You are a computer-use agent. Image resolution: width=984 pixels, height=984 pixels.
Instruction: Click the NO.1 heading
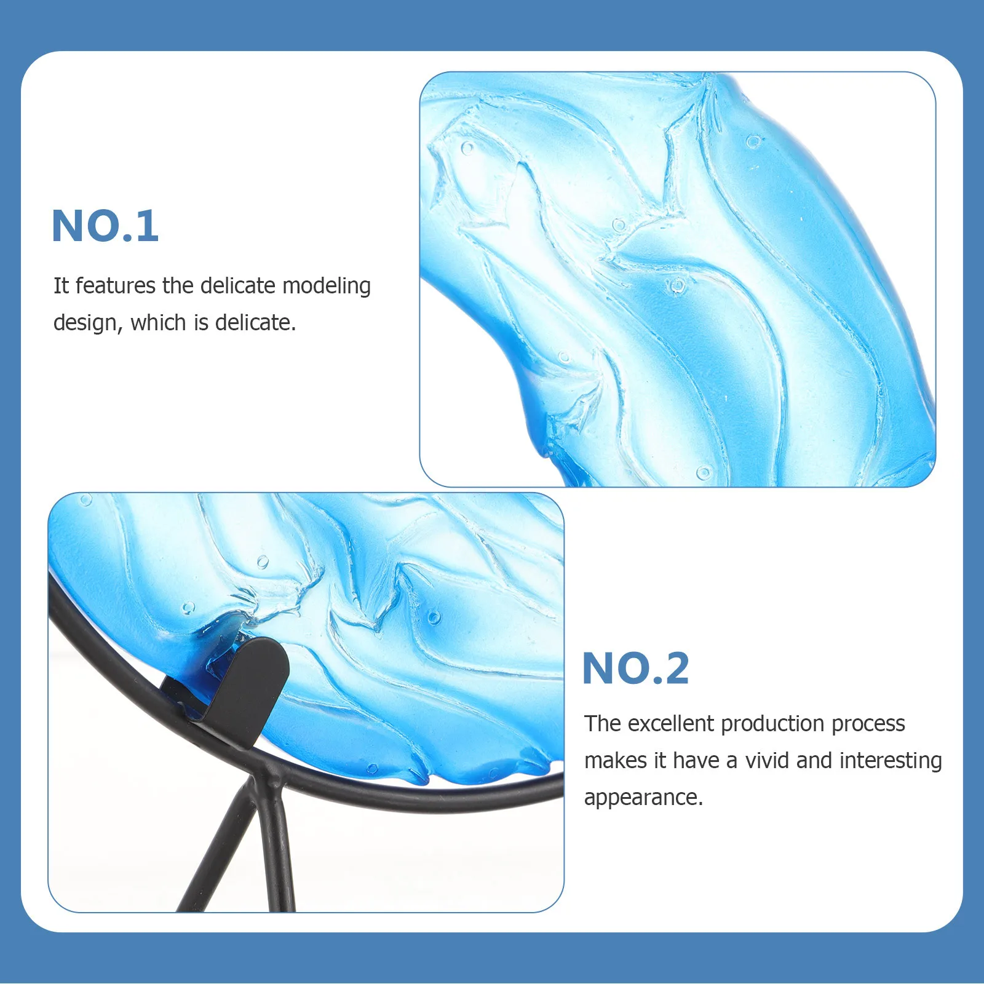[x=105, y=226]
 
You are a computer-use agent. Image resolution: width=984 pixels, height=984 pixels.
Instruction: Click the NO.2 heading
[x=635, y=669]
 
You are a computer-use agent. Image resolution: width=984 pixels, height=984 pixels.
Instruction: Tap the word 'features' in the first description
[x=115, y=286]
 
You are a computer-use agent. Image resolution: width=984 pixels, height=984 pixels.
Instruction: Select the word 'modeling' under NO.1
[x=326, y=287]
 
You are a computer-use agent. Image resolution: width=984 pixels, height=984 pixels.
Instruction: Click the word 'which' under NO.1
[x=158, y=323]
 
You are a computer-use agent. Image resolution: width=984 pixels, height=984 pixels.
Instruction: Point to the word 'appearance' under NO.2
[x=642, y=798]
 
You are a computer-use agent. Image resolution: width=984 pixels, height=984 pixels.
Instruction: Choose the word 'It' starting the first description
[x=61, y=286]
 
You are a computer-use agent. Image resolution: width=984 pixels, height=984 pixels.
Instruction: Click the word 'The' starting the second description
[x=602, y=724]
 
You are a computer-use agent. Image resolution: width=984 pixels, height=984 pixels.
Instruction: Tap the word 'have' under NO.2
[x=696, y=761]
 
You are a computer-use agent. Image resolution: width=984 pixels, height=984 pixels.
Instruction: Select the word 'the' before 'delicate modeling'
[x=178, y=286]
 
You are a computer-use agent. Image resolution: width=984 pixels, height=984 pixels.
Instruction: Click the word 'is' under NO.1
[x=201, y=323]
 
